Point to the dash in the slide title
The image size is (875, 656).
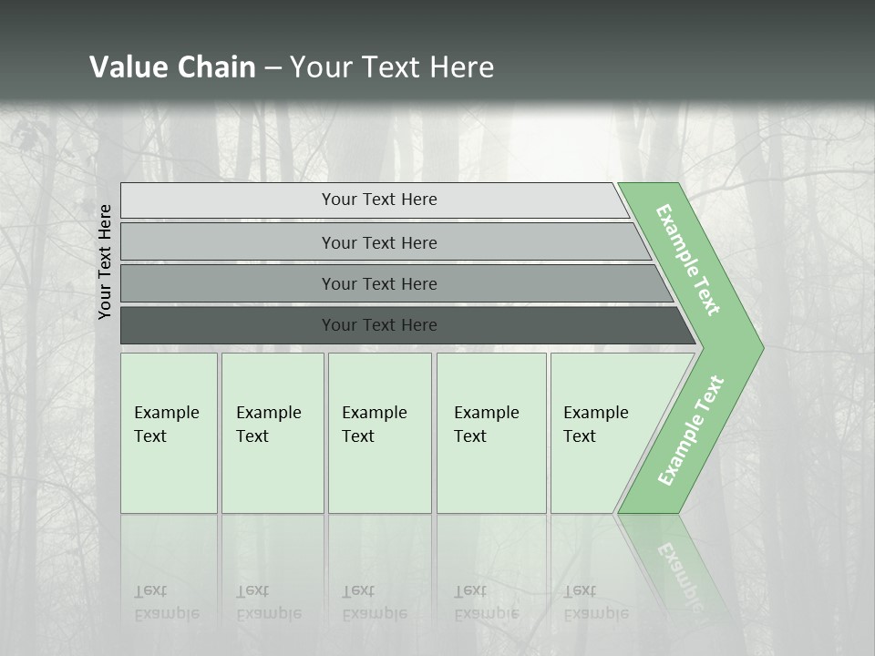pos(273,68)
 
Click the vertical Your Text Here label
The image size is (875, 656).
pos(105,261)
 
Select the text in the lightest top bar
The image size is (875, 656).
pos(379,200)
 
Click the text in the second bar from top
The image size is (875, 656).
pos(379,242)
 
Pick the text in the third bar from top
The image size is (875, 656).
pos(379,283)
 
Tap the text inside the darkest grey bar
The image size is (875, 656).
pos(379,324)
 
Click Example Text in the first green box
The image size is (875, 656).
pos(166,425)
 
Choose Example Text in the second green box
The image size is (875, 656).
pos(268,425)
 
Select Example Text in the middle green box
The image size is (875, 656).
pos(374,425)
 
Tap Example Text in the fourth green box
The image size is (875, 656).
pos(486,425)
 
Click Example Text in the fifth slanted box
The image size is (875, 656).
pos(595,425)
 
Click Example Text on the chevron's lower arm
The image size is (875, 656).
pos(691,431)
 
